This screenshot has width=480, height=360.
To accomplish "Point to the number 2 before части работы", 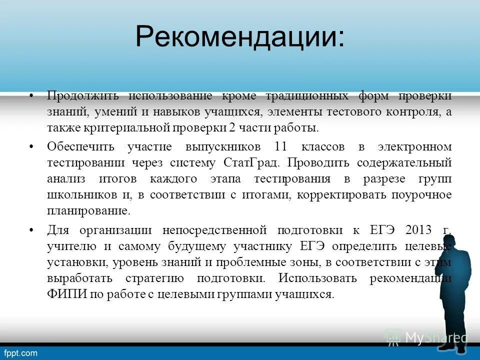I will click(232, 127).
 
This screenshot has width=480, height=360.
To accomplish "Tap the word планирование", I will click(88, 210).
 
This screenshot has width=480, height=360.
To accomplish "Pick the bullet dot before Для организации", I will click(31, 230).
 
